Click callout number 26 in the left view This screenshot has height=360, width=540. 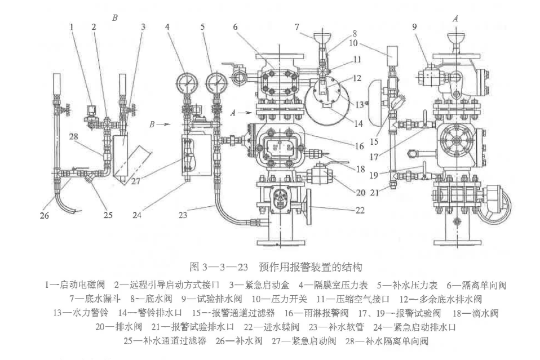click(x=45, y=216)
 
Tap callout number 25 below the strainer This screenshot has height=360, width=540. click(x=108, y=215)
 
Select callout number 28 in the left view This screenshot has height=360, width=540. click(x=73, y=137)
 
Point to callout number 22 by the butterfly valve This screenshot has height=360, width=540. click(x=360, y=210)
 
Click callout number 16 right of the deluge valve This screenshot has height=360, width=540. click(x=360, y=146)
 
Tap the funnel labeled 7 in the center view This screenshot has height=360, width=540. click(x=322, y=37)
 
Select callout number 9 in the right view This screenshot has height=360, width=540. click(x=415, y=26)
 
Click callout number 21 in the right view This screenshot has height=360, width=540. click(x=375, y=193)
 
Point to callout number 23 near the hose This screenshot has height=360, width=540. click(x=183, y=215)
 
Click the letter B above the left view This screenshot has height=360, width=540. click(x=115, y=17)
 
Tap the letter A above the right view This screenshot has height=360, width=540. click(x=455, y=19)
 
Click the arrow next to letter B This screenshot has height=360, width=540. click(x=165, y=124)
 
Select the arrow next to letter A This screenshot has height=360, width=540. click(x=246, y=112)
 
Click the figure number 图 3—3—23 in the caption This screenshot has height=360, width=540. click(x=219, y=266)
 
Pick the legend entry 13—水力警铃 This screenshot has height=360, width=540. click(x=81, y=313)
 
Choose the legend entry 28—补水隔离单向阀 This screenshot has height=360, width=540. click(x=387, y=341)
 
